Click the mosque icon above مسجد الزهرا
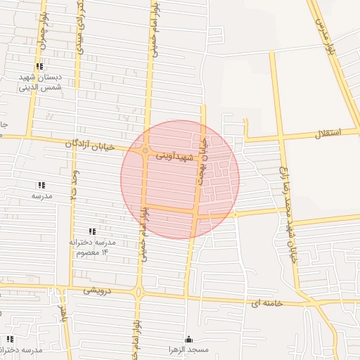coord(188,339)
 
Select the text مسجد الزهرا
coord(188,350)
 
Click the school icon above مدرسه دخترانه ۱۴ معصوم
coord(92,231)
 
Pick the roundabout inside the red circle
coord(145,150)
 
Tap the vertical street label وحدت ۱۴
coord(75,186)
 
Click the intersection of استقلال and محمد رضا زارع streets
coord(281,136)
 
